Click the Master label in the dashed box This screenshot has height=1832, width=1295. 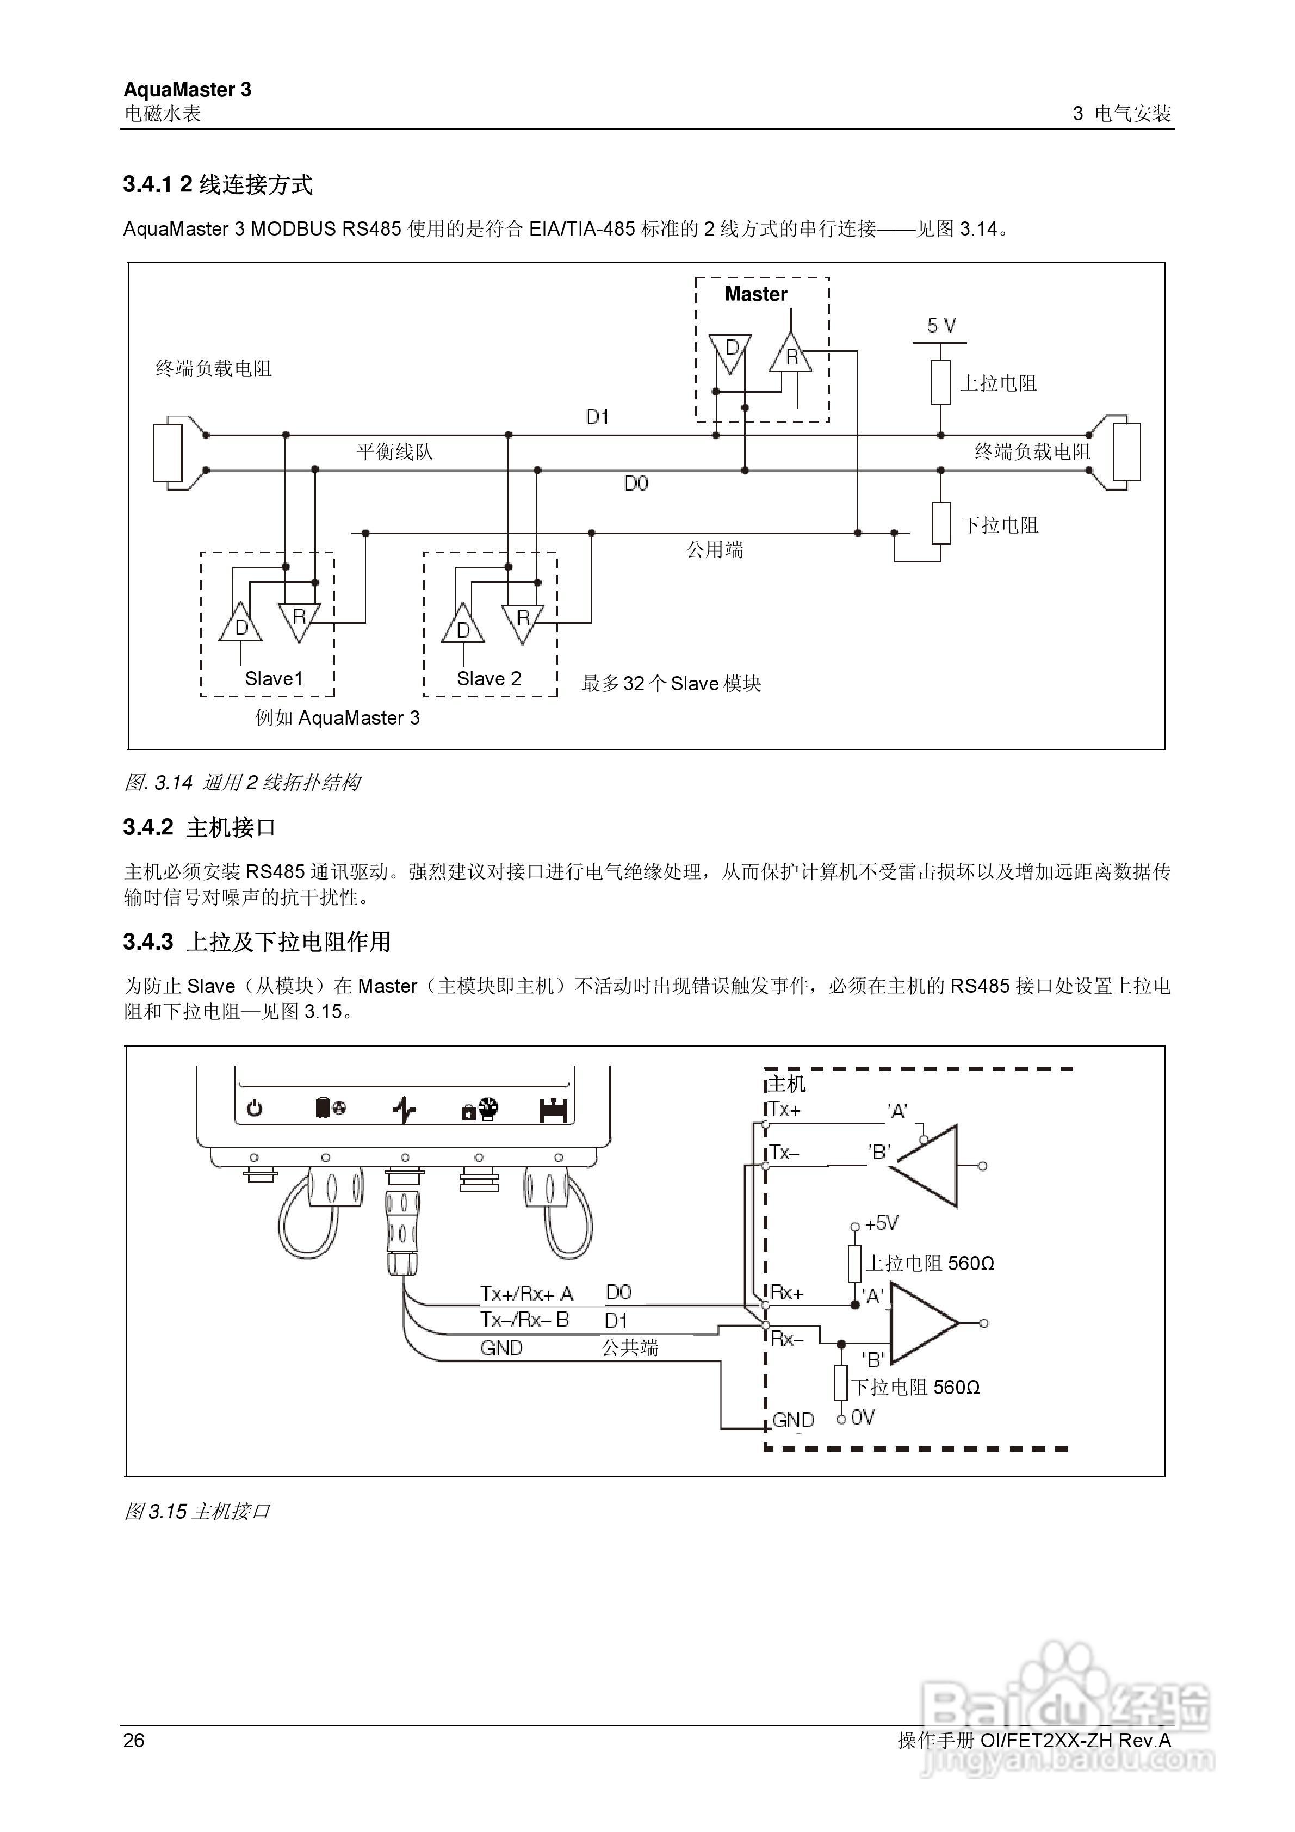pos(755,294)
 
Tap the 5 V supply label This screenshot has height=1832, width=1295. pos(941,325)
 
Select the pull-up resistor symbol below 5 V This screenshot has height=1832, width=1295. pos(941,382)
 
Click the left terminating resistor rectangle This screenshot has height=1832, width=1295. pos(168,453)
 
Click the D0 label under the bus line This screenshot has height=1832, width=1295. pos(636,484)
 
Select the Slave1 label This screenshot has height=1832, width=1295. pos(274,679)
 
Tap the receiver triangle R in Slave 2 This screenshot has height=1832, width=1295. pos(523,619)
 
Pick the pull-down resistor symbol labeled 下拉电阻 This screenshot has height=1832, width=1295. pos(941,523)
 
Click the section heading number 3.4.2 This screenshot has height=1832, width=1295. pos(148,827)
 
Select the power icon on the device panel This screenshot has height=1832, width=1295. pos(255,1109)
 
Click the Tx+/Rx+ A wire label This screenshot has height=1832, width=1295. pos(526,1293)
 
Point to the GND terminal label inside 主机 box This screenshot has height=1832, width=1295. pos(792,1420)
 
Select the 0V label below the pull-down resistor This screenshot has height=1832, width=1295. pos(863,1418)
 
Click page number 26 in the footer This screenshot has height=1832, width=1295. pos(134,1740)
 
